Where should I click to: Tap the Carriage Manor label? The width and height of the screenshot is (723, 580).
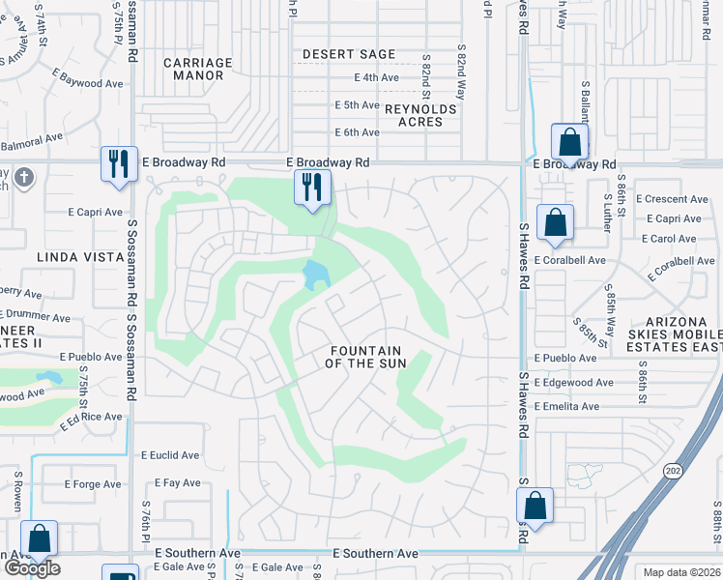point(198,70)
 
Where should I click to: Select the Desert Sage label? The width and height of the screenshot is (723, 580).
point(349,55)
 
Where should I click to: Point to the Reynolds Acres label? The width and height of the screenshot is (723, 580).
point(420,116)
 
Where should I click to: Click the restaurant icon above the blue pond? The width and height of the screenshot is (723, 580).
point(312,187)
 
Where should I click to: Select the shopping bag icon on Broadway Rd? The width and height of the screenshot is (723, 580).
point(570,141)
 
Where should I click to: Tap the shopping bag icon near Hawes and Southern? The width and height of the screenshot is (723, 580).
point(535,505)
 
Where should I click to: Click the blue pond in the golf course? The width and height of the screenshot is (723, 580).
point(315,275)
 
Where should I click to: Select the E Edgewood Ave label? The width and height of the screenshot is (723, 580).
point(574,383)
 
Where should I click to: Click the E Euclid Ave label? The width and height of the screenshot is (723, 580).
point(170,455)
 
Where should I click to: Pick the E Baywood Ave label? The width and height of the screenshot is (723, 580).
point(89,83)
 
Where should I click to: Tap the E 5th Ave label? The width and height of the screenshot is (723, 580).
point(357,104)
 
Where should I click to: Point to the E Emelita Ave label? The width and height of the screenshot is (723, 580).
point(570,407)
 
